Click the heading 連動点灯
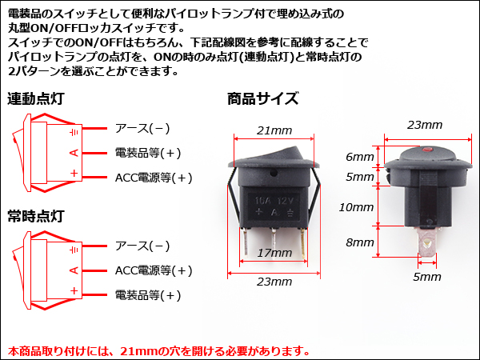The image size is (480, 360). point(36,98)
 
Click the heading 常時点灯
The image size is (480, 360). point(36,216)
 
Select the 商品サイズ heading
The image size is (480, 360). point(262,98)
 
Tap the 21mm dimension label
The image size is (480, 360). point(274,130)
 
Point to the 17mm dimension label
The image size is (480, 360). point(274,253)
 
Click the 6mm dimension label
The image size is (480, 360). point(360,157)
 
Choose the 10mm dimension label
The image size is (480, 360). point(356,207)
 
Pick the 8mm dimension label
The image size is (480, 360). point(360,242)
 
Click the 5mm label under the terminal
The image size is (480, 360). point(427,277)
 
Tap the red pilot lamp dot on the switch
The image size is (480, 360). point(426,150)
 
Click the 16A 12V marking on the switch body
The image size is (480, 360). point(274,201)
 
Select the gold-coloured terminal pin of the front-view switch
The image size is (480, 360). point(303,244)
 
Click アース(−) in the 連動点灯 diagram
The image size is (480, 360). point(142,128)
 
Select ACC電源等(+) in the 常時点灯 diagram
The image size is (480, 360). point(154,270)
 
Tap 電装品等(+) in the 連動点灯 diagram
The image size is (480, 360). point(148,153)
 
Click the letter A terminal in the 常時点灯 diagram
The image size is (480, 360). point(74,270)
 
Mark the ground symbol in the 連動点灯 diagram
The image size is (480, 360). point(74,132)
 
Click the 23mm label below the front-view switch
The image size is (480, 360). point(274,282)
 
